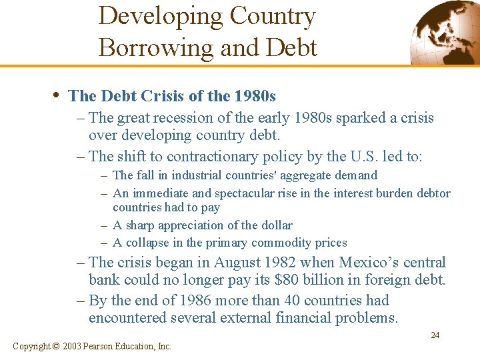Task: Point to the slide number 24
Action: coord(435,335)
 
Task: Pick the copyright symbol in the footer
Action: coord(55,346)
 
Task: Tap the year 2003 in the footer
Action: coord(72,346)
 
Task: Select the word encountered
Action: coord(129,318)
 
